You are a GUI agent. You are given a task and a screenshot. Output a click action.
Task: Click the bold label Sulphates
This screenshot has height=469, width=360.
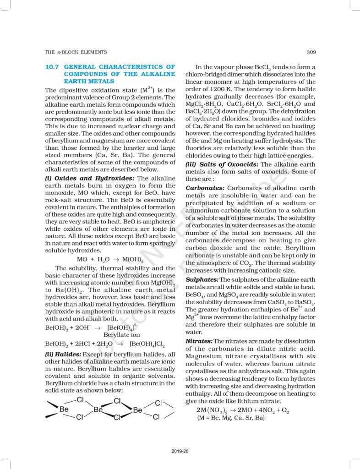coord(202,279)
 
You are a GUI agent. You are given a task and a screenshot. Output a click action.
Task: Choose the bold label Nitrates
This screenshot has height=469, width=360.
coord(199,341)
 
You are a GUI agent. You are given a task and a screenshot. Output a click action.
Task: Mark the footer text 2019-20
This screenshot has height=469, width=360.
coord(180,451)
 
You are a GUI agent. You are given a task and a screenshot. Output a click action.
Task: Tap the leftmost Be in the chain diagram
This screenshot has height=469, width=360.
coord(65,409)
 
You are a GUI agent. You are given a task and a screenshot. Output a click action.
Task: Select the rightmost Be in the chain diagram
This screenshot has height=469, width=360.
coord(138,410)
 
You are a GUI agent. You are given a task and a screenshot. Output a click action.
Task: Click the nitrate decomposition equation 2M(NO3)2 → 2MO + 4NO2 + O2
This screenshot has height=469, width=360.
coord(243,409)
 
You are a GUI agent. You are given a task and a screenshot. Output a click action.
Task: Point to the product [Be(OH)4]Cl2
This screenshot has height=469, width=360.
coord(147,344)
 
